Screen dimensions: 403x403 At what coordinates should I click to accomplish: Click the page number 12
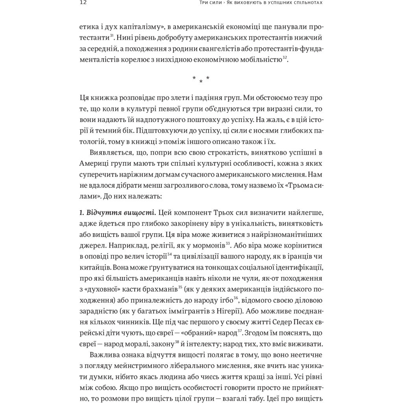pos(83,3)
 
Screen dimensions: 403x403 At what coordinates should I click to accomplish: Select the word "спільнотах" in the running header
pos(304,3)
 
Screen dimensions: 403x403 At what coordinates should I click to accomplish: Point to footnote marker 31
pos(112,36)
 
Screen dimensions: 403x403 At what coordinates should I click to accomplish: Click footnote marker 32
pos(285,58)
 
